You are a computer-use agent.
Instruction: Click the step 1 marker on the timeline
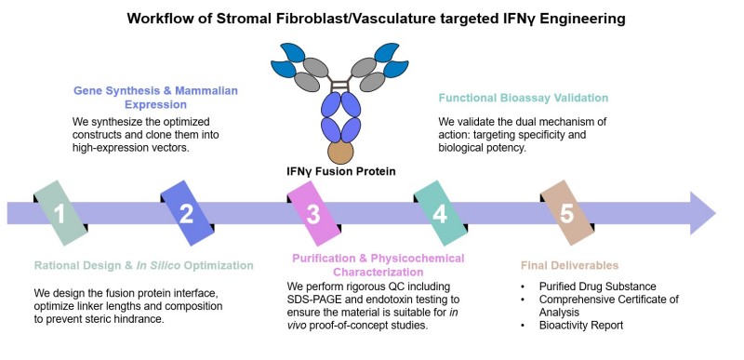pos(59,214)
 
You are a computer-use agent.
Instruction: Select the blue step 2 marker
pos(186,214)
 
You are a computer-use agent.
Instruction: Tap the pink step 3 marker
pos(313,214)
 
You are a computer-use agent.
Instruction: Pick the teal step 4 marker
pos(440,214)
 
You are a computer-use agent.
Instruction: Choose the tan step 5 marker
pos(567,214)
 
